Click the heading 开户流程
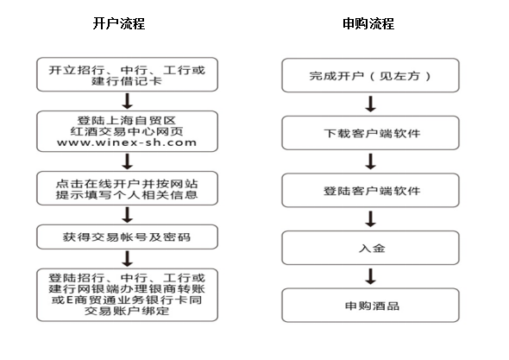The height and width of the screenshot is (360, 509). tap(119, 23)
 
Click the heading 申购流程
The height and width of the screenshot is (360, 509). tap(368, 23)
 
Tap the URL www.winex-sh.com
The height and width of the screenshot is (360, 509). tap(127, 142)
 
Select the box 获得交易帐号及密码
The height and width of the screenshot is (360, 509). tap(127, 237)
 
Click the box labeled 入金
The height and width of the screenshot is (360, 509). tap(370, 248)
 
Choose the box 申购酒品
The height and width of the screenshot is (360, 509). tap(370, 305)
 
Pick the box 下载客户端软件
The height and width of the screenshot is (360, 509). tap(370, 133)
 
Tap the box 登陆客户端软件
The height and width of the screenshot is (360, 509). tap(370, 191)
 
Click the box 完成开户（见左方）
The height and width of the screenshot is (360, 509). tap(370, 75)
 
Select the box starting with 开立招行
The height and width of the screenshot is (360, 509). tap(127, 74)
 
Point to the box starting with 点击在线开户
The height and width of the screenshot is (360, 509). tap(127, 188)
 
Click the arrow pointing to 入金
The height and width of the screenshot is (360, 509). tap(370, 219)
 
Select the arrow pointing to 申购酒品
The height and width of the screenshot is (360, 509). tap(370, 276)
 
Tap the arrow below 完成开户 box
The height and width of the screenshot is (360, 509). tap(370, 104)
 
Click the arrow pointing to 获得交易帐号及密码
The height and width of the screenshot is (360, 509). tap(128, 215)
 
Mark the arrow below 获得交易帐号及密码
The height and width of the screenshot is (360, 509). tap(128, 259)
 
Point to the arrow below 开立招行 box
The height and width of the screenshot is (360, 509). tap(128, 101)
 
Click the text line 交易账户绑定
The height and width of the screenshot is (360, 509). tap(127, 311)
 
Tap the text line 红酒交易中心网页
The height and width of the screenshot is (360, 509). tap(127, 131)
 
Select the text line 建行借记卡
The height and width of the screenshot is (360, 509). tap(127, 81)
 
